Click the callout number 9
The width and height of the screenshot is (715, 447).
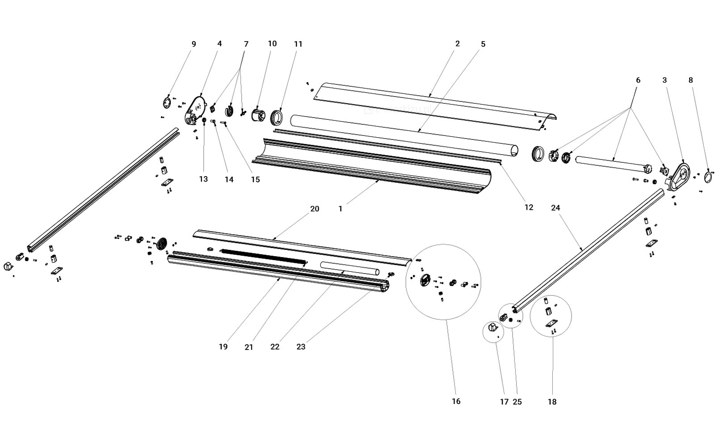193,44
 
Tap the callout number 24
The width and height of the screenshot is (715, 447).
555,208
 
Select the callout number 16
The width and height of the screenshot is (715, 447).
456,401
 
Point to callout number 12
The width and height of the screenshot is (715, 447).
529,207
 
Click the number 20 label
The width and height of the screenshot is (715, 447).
315,209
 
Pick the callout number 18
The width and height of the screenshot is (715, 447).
552,402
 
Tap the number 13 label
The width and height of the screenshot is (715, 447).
203,179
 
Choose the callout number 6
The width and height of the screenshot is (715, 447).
638,80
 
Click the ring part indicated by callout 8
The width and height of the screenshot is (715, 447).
708,177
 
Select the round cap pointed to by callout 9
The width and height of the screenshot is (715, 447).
167,102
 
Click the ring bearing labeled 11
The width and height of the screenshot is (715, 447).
278,118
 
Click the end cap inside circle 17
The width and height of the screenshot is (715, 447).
492,329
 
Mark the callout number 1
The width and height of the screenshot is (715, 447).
340,209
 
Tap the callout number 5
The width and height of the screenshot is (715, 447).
483,44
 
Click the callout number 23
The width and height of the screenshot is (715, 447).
301,346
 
